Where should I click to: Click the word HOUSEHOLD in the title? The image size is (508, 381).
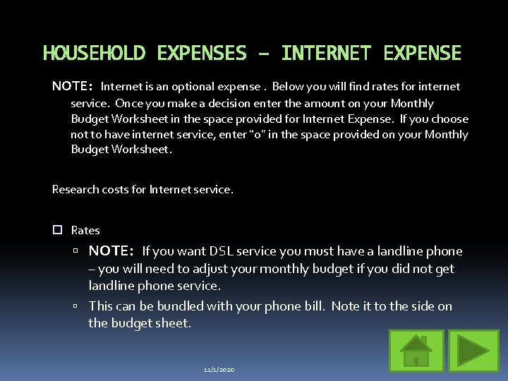point(95,54)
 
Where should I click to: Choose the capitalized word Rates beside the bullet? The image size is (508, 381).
point(85,231)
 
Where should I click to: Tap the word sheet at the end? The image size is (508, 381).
point(176,323)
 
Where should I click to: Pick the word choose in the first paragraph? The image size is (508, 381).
point(449,119)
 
